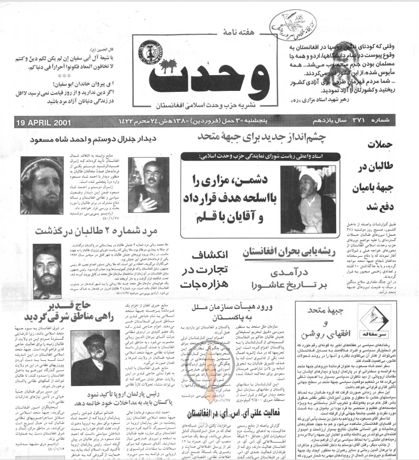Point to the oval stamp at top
click(x=287, y=23)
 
